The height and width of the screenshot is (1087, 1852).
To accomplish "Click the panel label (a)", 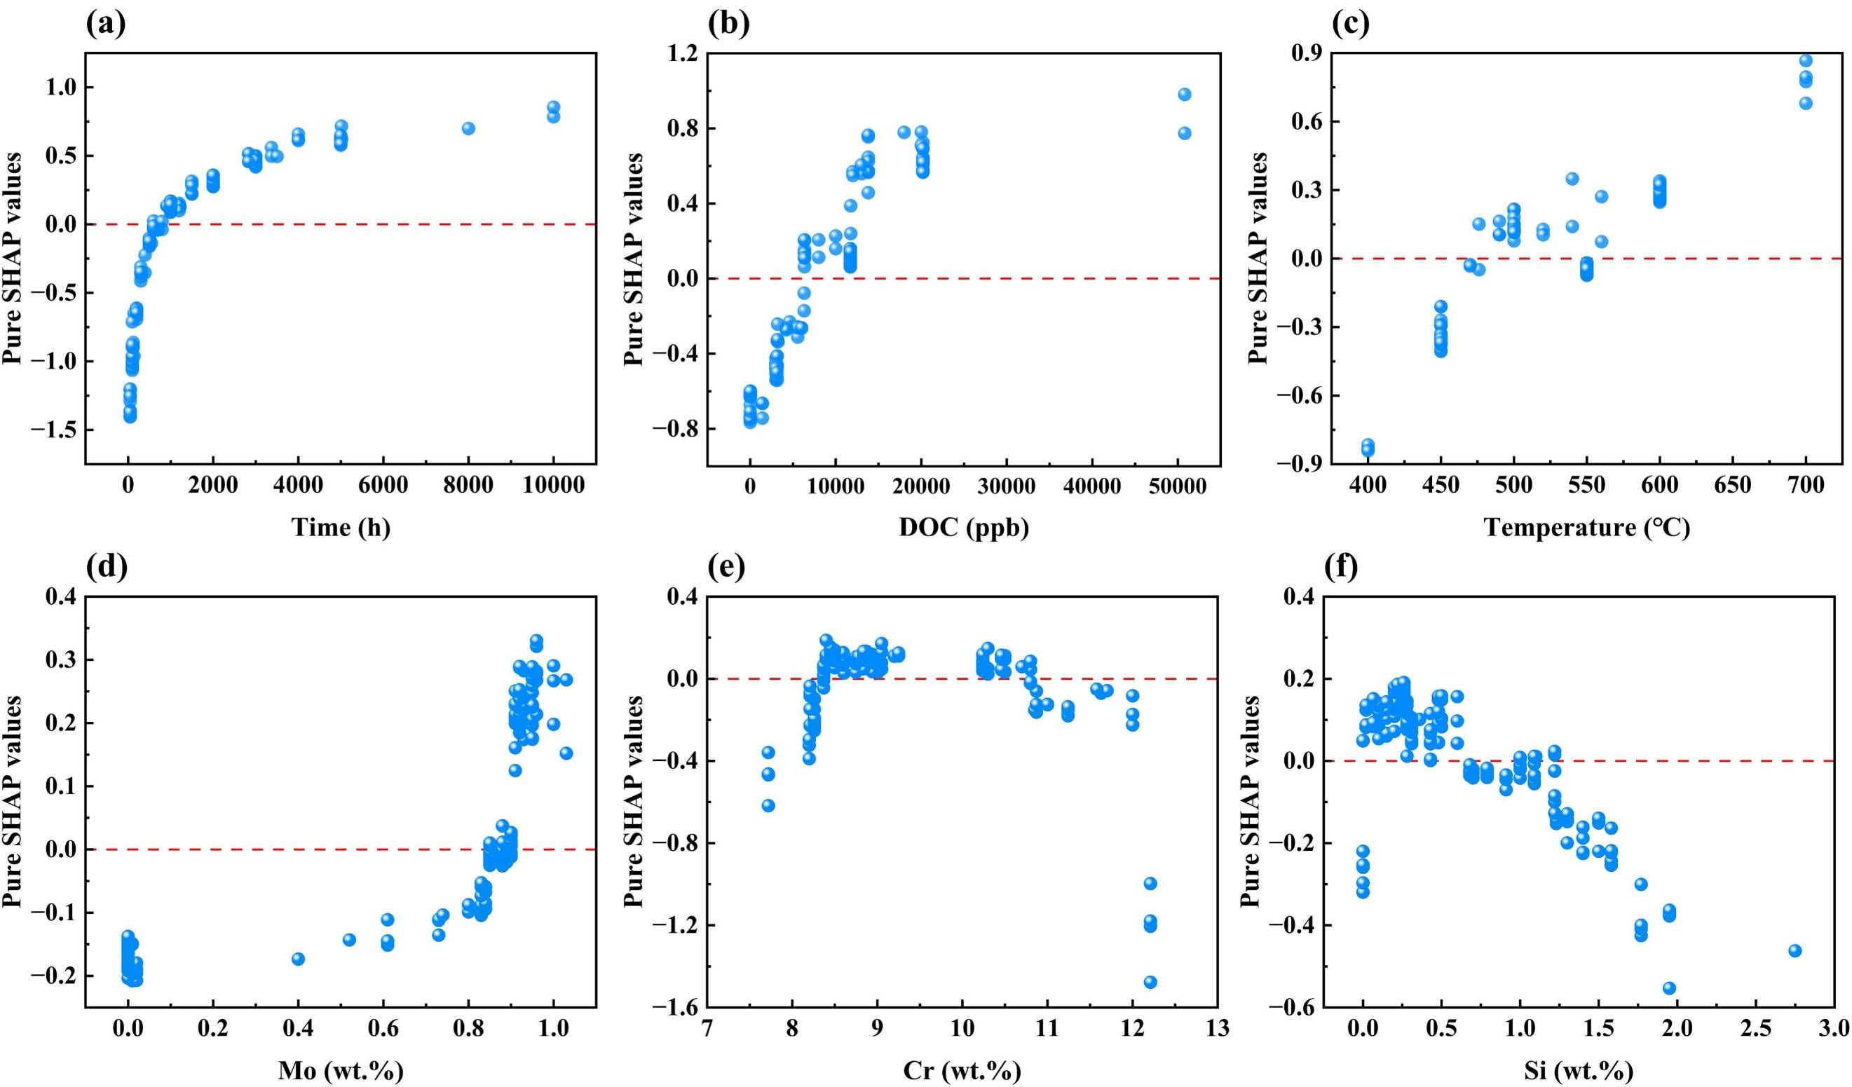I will pyautogui.click(x=106, y=25).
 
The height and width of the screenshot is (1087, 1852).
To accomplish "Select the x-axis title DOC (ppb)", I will pyautogui.click(x=963, y=527).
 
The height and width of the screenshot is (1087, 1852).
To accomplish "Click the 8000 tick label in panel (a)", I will pyautogui.click(x=468, y=486).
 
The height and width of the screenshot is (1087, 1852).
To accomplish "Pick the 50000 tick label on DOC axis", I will pyautogui.click(x=1178, y=486).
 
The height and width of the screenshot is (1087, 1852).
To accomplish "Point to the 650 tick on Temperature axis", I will pyautogui.click(x=1733, y=486).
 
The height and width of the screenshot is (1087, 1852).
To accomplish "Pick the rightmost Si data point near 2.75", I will pyautogui.click(x=1795, y=951).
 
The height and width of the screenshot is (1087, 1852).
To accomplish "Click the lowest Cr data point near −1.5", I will pyautogui.click(x=1150, y=982).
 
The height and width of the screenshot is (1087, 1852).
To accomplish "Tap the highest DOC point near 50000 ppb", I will pyautogui.click(x=1184, y=94).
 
